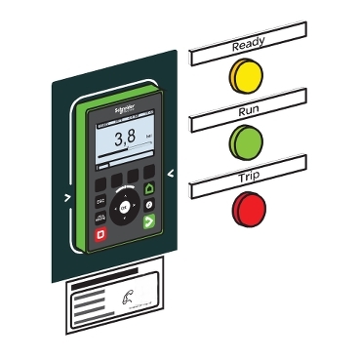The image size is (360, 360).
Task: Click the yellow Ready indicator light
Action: point(246,76)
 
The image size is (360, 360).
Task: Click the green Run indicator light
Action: point(246,143)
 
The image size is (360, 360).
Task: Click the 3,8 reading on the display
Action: point(125,138)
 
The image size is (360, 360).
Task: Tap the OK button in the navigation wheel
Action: point(124,207)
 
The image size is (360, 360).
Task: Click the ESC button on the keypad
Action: point(100,200)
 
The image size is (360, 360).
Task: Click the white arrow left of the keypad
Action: point(67,196)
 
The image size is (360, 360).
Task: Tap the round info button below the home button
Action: point(148,205)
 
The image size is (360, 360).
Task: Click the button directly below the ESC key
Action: point(100,218)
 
